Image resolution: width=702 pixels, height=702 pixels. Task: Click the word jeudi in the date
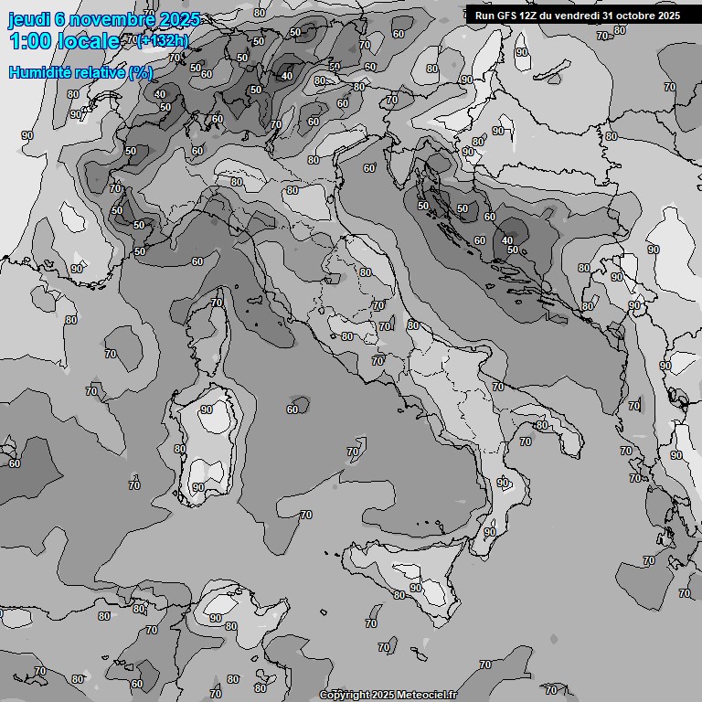click(27, 20)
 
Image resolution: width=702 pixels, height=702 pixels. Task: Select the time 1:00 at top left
click(29, 42)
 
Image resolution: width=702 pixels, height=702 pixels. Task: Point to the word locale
click(88, 42)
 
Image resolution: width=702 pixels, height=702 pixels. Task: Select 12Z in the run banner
click(536, 16)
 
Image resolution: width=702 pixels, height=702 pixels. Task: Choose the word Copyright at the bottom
click(346, 696)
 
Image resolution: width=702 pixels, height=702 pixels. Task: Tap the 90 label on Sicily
click(415, 588)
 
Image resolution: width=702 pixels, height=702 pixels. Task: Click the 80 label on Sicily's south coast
click(399, 595)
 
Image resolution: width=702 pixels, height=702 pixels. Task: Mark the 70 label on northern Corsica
click(217, 303)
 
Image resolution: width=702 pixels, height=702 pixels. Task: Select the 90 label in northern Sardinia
click(207, 410)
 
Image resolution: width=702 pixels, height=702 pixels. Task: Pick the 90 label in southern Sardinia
click(198, 488)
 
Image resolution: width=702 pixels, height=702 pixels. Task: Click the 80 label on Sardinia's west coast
click(180, 449)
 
